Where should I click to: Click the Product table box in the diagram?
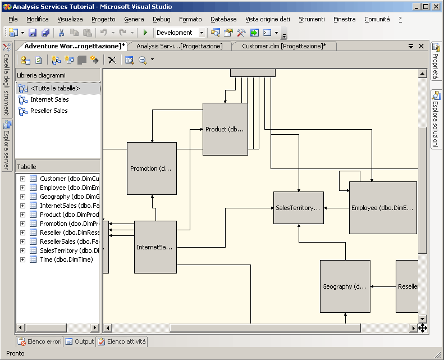225,129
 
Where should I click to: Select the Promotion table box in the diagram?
152,168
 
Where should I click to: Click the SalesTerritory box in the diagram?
298,208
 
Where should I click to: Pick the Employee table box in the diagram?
383,208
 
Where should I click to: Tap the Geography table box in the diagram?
345,286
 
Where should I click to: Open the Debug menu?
161,19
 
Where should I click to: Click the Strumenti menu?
312,19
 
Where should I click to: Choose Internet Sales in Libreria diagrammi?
49,99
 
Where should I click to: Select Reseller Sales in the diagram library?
49,111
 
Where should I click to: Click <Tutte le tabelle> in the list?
55,88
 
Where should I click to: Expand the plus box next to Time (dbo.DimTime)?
22,259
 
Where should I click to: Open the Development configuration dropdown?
202,33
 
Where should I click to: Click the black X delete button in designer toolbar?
112,60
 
